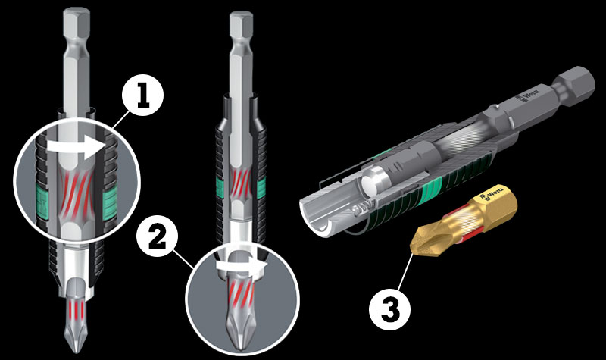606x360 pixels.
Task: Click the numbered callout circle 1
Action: point(143,95)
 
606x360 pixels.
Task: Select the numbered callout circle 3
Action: point(389,309)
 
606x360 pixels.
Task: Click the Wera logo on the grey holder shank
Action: point(527,95)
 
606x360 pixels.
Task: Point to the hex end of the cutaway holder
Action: point(575,87)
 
